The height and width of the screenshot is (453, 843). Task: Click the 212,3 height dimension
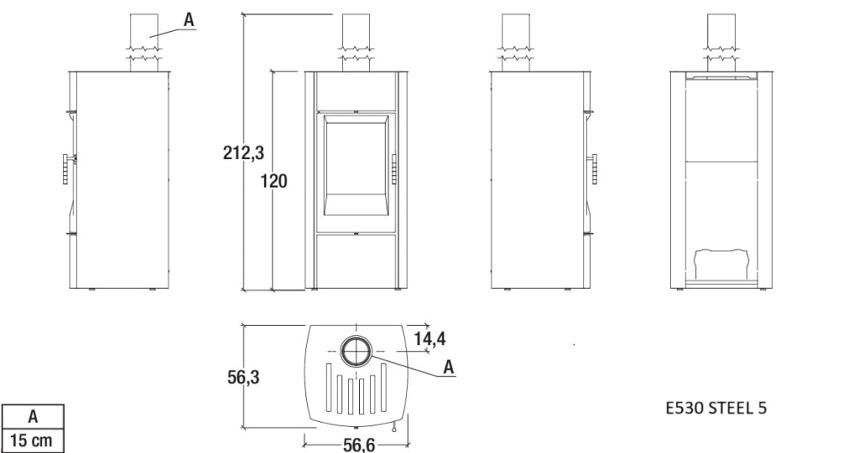click(x=244, y=153)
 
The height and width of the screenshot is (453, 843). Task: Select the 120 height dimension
click(x=274, y=181)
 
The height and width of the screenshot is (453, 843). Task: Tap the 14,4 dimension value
click(x=430, y=338)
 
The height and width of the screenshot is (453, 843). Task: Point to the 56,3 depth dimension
click(x=243, y=377)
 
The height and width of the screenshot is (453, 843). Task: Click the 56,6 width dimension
click(x=359, y=445)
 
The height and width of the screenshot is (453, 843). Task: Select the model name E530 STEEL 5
click(x=716, y=408)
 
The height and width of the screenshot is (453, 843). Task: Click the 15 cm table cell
click(x=32, y=440)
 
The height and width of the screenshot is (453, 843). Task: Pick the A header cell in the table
click(x=33, y=417)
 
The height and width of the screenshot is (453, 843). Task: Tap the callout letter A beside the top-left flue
click(x=189, y=20)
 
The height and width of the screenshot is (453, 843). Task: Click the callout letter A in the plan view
click(x=449, y=367)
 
